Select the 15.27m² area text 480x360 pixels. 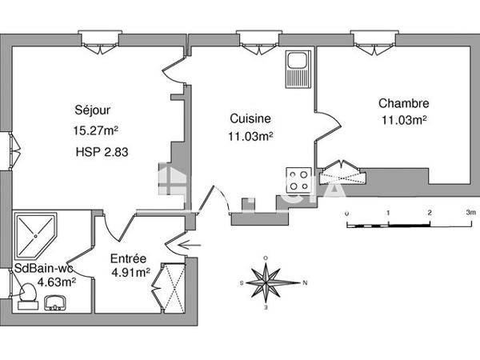point(95,130)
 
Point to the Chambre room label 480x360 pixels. point(404,103)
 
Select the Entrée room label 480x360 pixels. point(128,258)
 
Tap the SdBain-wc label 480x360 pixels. point(45,269)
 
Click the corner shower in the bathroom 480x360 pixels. point(35,233)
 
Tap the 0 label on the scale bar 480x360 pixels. point(346,214)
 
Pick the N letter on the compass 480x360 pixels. point(306,282)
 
